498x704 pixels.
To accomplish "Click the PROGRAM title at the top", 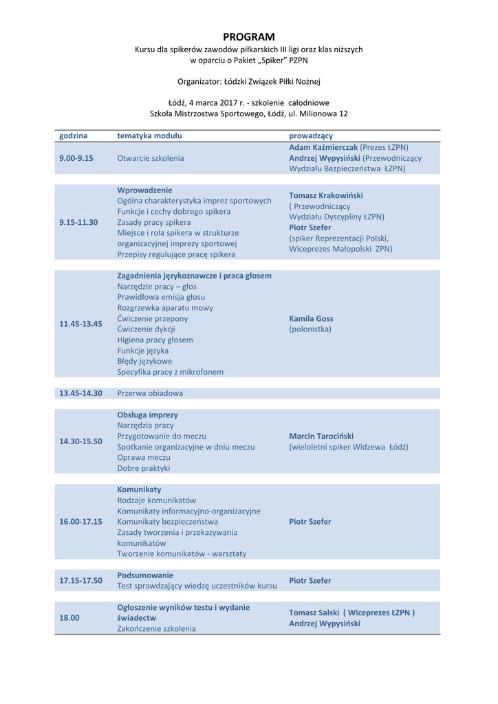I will [248, 36].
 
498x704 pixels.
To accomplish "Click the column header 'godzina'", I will [74, 136].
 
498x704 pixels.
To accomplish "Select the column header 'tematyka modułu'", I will [149, 136].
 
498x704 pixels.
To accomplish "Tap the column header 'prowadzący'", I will [311, 136].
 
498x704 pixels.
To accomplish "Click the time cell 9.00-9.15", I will [76, 158].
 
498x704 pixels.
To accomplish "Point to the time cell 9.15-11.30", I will [78, 222].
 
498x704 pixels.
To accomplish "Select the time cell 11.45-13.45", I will [80, 324].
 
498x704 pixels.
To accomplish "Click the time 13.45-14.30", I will [80, 393].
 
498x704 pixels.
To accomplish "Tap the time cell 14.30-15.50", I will [80, 441].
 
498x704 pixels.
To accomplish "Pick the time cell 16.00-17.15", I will [80, 522].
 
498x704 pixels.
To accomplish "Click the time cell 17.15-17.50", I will [80, 581].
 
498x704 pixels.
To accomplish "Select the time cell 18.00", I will [69, 618].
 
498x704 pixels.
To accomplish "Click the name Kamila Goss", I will [311, 319].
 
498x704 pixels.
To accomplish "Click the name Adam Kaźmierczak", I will [323, 148].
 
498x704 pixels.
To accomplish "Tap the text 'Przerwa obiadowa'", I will [150, 393].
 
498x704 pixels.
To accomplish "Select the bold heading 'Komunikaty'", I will [139, 489].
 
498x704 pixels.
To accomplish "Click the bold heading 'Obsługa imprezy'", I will [147, 415].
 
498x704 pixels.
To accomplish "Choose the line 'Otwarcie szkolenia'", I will [151, 158].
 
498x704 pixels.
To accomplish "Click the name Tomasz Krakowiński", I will [326, 195].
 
